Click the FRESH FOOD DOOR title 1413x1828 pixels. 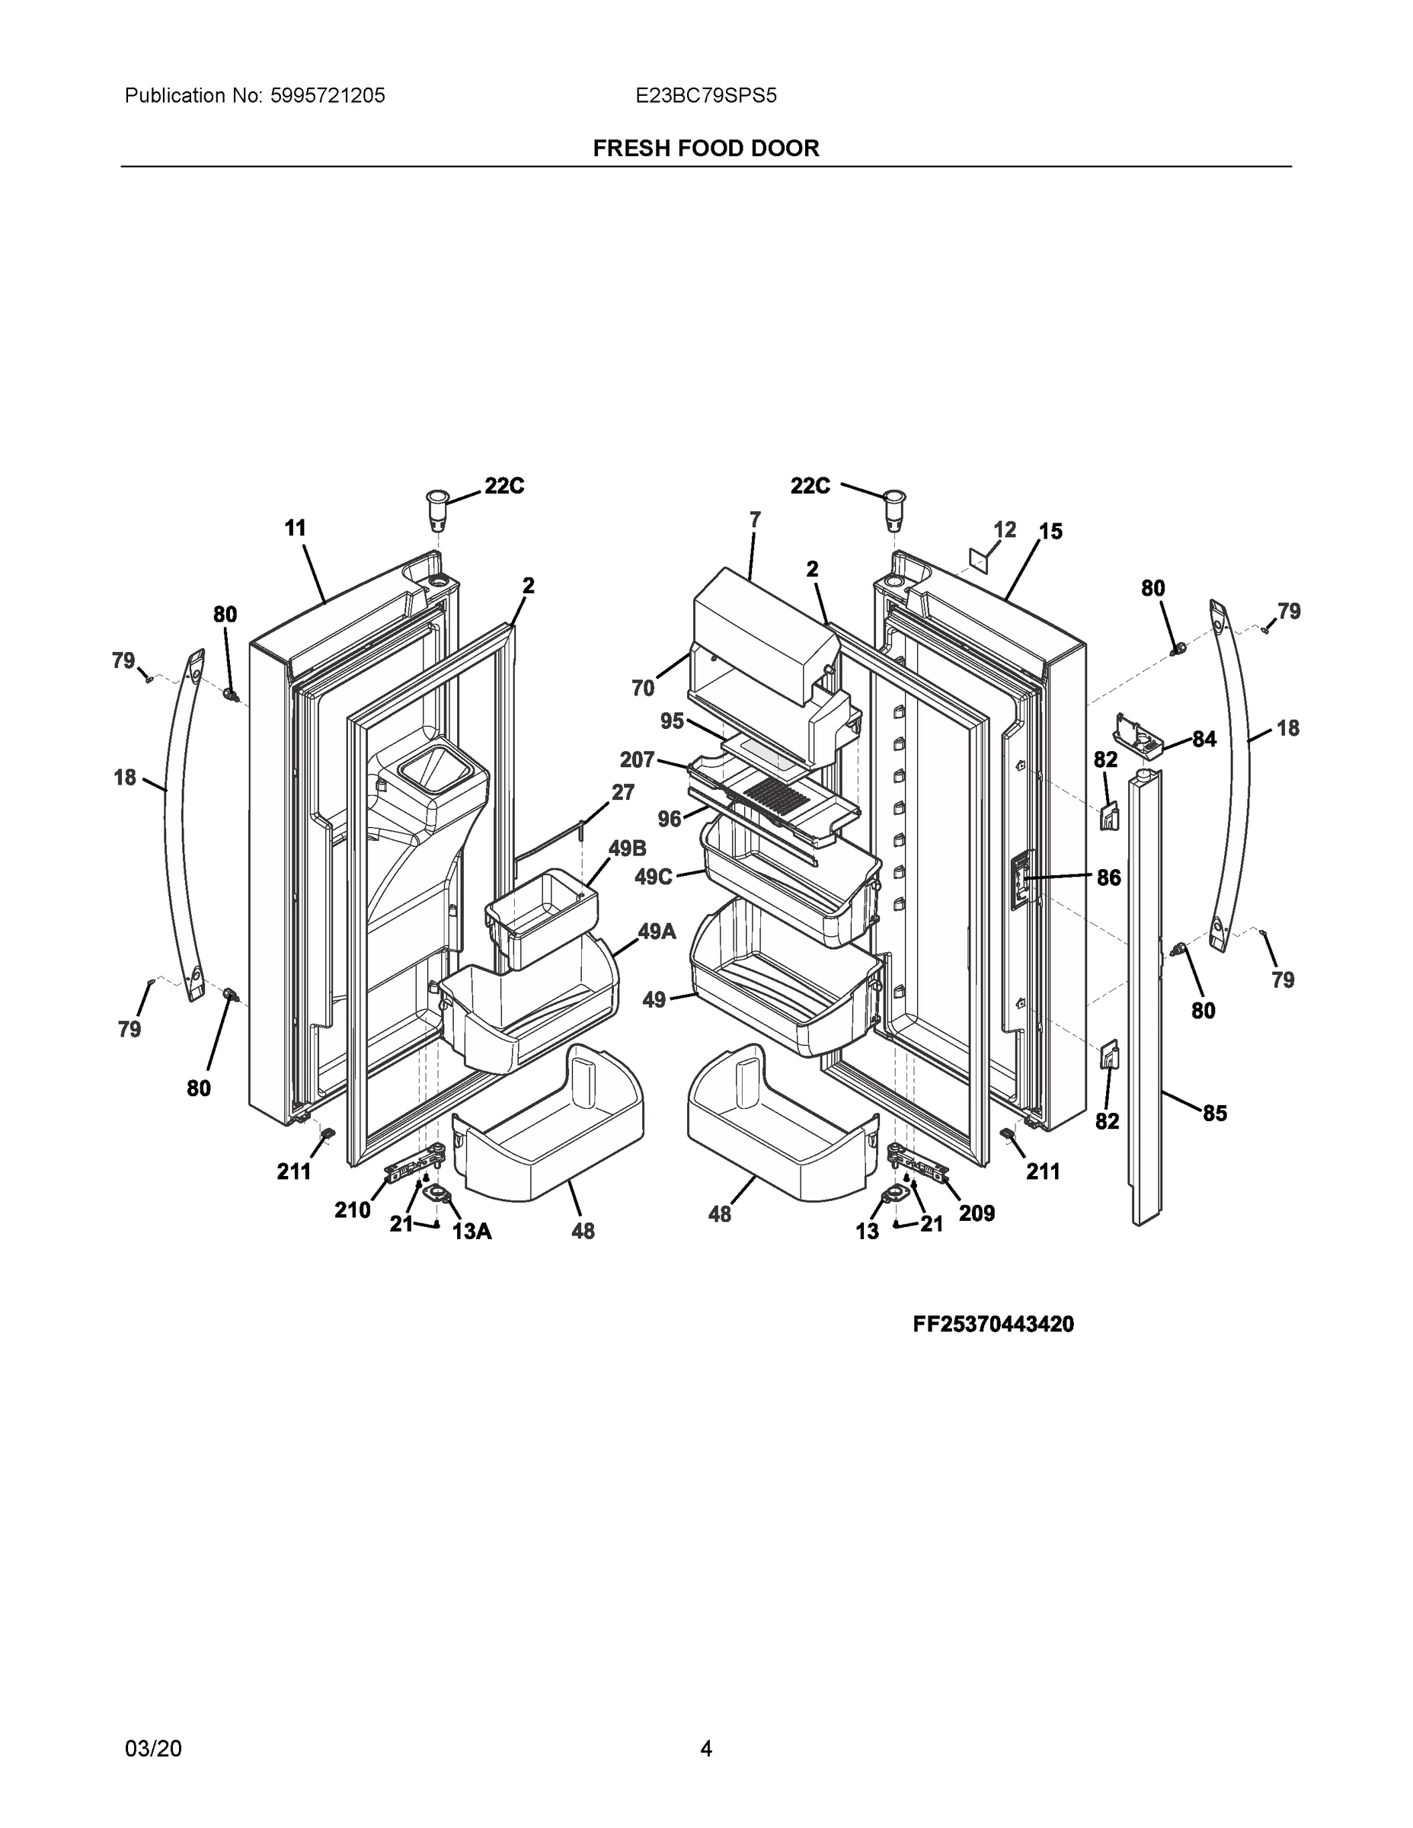click(705, 149)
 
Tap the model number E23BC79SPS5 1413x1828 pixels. click(705, 96)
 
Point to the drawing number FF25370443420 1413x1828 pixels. click(993, 1324)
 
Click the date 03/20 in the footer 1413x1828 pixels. click(152, 1749)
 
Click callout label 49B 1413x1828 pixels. click(627, 848)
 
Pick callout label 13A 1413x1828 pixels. click(472, 1231)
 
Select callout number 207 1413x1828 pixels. click(636, 759)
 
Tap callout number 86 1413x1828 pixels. click(1108, 877)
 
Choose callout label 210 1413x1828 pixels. click(353, 1210)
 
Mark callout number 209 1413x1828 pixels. click(977, 1213)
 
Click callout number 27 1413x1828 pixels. click(622, 792)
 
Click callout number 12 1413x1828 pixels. click(1005, 530)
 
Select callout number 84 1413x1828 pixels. click(1204, 739)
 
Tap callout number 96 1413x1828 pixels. click(669, 819)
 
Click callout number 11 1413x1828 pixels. click(295, 528)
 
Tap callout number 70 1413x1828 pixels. click(642, 688)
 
